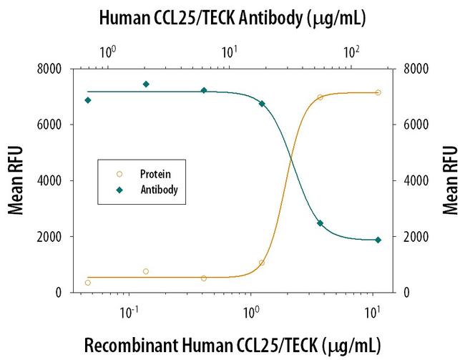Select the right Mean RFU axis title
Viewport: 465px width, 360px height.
tap(451, 180)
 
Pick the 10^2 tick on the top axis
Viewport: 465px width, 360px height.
tap(351, 52)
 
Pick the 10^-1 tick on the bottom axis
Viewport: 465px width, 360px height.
tap(129, 312)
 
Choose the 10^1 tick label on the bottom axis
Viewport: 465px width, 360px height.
tap(371, 312)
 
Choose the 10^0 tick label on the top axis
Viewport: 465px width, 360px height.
tap(107, 52)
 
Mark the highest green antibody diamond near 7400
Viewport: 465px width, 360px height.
tap(146, 84)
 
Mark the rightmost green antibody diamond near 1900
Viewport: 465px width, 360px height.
tap(378, 240)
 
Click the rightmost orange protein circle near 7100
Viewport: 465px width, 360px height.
tap(378, 92)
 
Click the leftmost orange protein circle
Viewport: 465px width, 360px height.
tap(88, 283)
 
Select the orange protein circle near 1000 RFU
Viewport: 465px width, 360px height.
tap(262, 263)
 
